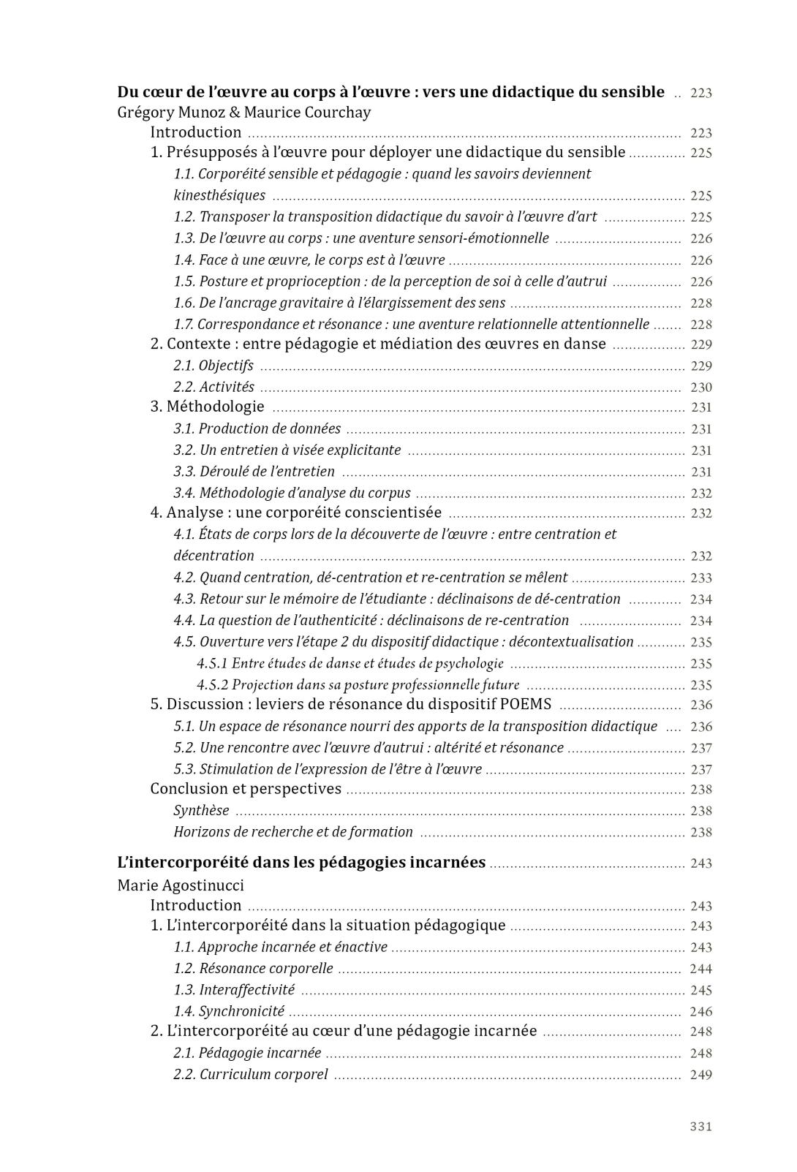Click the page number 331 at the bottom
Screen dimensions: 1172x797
[700, 1126]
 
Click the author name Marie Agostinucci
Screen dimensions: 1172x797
[181, 885]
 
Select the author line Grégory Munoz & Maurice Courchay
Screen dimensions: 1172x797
[243, 113]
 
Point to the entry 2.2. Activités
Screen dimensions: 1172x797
[214, 387]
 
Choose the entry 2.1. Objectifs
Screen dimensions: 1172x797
[214, 366]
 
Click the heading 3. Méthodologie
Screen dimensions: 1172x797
[207, 407]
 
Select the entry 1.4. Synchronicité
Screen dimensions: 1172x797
[229, 1011]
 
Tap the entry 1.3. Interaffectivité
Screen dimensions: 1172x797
[234, 990]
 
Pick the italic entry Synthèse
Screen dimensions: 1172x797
[201, 810]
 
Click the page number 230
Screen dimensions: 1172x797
[700, 387]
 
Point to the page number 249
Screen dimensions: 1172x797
[700, 1075]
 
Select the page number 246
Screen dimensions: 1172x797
[700, 1012]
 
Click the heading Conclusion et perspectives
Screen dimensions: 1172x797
[246, 789]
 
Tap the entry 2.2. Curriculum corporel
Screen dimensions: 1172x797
[251, 1075]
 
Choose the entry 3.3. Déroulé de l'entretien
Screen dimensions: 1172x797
[254, 472]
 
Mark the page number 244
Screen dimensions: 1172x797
[700, 969]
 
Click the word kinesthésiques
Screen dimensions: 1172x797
[219, 195]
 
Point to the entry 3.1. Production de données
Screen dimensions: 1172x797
[257, 428]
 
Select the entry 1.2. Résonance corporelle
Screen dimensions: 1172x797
[253, 969]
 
